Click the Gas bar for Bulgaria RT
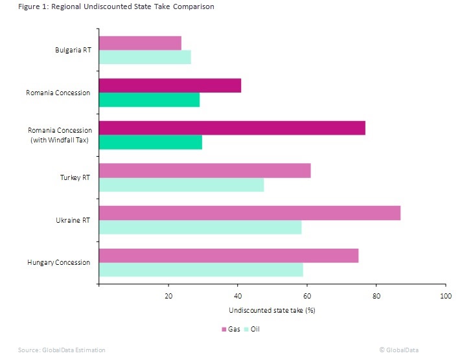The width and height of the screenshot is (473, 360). point(140,43)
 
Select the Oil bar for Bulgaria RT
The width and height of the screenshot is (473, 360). point(145,57)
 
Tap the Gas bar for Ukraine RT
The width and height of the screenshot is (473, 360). point(249,213)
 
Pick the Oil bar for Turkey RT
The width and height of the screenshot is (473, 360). point(181,185)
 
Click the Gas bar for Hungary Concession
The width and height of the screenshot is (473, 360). point(229,256)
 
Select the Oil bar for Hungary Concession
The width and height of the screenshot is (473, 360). point(202,269)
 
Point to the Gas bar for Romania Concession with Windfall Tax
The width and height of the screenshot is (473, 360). point(232,128)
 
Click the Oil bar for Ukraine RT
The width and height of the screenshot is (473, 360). point(200,227)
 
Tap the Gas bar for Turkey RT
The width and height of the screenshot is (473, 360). point(205,171)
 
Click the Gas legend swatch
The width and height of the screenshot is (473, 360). point(224,330)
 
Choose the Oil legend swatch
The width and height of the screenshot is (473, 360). point(246,330)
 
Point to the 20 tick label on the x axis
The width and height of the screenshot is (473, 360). point(168,296)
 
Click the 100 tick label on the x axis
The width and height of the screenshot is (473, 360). point(446,296)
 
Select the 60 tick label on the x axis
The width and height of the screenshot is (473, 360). point(307,296)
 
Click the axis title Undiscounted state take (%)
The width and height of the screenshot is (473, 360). point(272,310)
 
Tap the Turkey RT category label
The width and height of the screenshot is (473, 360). point(75,177)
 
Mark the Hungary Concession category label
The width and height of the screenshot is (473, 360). point(59,263)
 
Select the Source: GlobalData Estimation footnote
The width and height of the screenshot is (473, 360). point(62,350)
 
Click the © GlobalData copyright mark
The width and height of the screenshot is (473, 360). point(398,350)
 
